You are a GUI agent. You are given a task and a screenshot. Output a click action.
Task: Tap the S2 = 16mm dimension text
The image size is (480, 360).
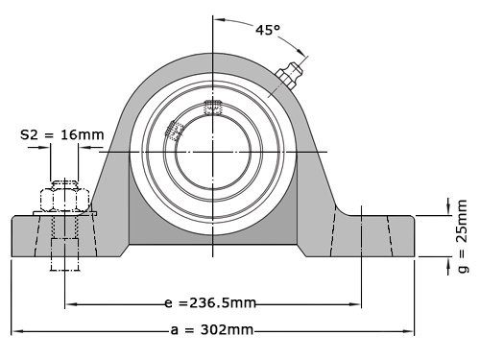coord(62,135)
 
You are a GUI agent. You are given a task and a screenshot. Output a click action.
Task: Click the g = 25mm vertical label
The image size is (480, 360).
coord(462,234)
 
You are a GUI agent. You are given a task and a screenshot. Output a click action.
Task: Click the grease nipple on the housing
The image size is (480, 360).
coord(290,76)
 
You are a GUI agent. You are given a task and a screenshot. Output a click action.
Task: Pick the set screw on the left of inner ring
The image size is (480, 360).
coord(175,131)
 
